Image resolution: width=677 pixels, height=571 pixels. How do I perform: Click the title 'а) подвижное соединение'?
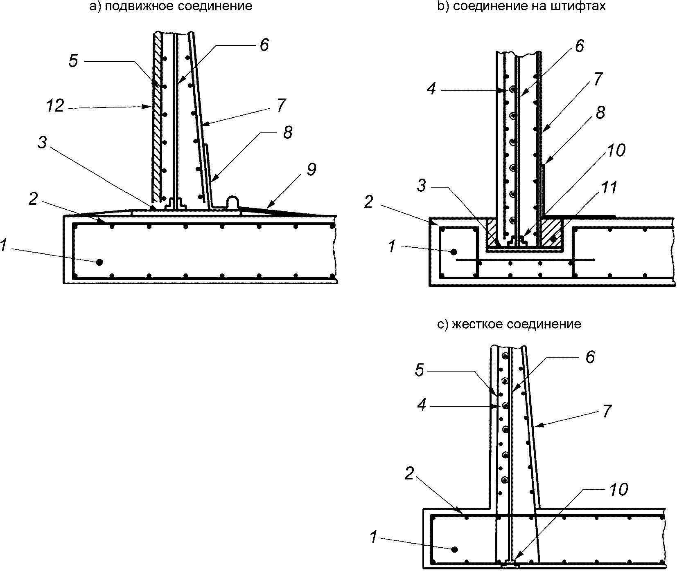click(x=171, y=7)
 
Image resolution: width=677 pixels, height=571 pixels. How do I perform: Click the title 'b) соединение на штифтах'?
click(x=521, y=7)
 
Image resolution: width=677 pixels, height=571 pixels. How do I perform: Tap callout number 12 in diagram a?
click(x=55, y=106)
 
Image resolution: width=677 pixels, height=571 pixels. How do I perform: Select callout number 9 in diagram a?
click(x=311, y=169)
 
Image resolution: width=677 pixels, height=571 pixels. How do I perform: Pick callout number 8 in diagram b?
click(x=600, y=112)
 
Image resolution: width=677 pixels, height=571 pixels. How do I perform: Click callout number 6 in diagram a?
click(x=264, y=45)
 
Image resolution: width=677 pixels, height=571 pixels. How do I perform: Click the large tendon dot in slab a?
click(x=99, y=262)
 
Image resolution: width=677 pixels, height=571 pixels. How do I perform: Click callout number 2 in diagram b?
click(x=368, y=202)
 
